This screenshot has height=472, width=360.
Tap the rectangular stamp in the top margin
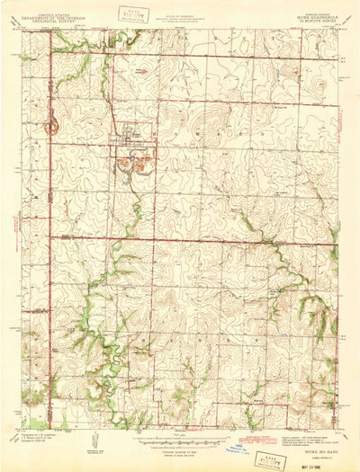click(x=138, y=13)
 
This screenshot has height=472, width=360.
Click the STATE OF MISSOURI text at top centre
click(x=183, y=13)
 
